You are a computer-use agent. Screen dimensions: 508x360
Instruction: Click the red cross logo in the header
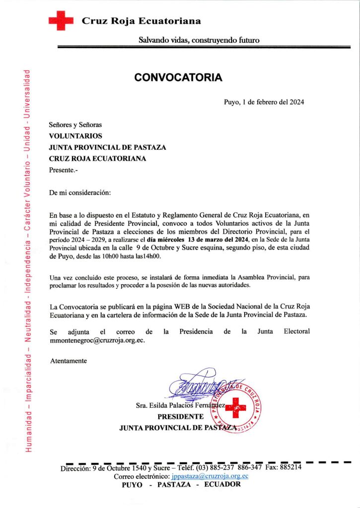[61, 21]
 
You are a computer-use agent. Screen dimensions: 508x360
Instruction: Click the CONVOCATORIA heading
[178, 78]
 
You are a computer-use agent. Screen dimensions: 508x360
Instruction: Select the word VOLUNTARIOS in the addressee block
[75, 136]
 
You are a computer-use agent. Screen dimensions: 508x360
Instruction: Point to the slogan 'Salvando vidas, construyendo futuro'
[199, 40]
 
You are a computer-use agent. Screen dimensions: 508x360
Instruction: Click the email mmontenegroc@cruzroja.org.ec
[97, 341]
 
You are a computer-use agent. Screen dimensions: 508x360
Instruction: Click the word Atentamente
[69, 361]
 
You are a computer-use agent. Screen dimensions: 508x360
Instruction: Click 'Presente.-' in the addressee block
[64, 170]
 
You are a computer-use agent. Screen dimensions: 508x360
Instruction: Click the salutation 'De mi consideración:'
[80, 192]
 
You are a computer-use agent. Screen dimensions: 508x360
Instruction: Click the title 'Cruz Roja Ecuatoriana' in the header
[141, 21]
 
